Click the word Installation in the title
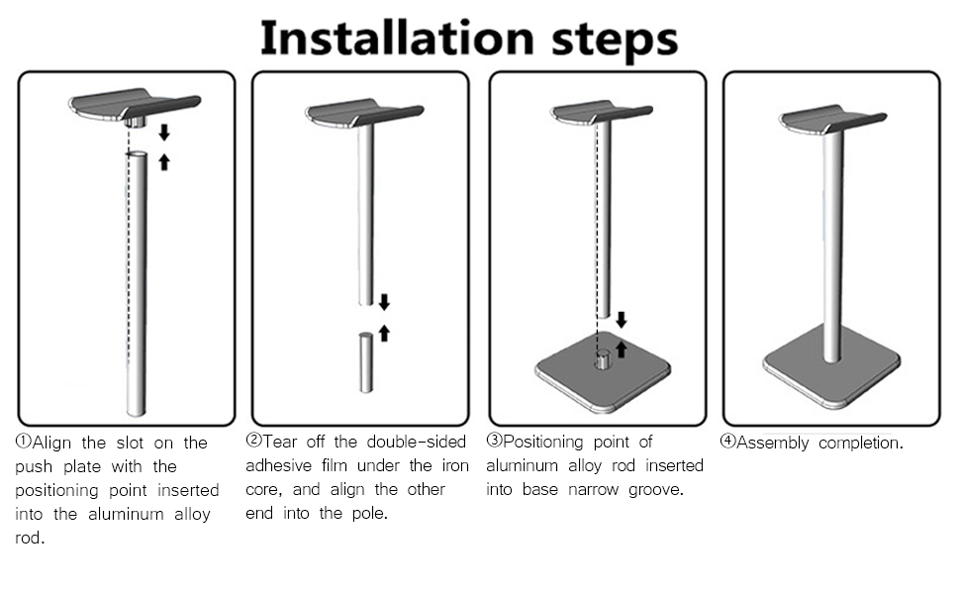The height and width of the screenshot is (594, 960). point(397,38)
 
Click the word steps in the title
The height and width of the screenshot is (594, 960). point(615,42)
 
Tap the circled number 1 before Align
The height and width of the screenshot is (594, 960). point(24,442)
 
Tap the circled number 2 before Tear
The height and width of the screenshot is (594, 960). point(253,441)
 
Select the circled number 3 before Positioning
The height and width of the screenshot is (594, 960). point(494,441)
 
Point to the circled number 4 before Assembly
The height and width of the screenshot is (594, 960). point(727,441)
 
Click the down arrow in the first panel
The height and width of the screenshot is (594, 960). point(164,133)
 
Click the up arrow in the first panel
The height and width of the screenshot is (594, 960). point(164,161)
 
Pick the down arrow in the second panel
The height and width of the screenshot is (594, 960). point(384,302)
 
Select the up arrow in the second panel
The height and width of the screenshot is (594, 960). point(384,333)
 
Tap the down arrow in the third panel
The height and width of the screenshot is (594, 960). point(621,320)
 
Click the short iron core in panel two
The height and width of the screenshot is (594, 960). point(365,362)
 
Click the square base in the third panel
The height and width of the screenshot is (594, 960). point(603,371)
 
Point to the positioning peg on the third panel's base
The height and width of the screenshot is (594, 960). point(603,359)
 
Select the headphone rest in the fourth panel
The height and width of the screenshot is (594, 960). point(832,120)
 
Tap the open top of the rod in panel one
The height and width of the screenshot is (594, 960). point(138,154)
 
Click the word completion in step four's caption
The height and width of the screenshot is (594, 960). point(860,443)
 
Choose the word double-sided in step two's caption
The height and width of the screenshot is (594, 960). point(417,442)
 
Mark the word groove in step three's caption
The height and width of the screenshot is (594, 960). point(655,490)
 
